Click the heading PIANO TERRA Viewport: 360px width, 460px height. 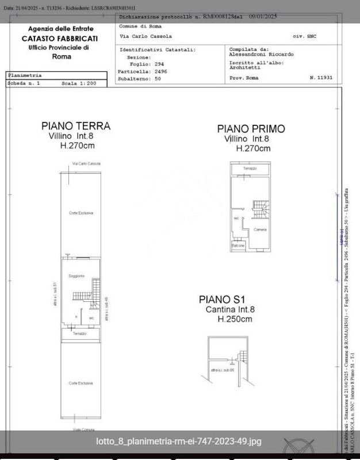click(x=75, y=126)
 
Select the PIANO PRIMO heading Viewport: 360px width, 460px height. click(x=251, y=129)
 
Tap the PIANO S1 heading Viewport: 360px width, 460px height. click(x=222, y=299)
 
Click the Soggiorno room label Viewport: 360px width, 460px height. click(x=76, y=277)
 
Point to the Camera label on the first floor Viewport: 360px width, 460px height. click(x=260, y=229)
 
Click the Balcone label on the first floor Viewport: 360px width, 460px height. click(x=238, y=246)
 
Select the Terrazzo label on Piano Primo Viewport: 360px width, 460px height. click(x=250, y=168)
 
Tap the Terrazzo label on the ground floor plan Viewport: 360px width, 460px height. click(x=79, y=333)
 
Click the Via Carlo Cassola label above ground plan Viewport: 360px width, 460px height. click(x=86, y=163)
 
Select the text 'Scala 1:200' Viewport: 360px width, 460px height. click(x=79, y=83)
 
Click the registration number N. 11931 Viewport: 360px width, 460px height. click(x=321, y=76)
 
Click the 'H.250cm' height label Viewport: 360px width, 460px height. click(x=235, y=319)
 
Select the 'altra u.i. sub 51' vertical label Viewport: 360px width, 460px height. click(x=55, y=294)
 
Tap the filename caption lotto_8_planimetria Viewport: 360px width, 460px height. click(x=179, y=442)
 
